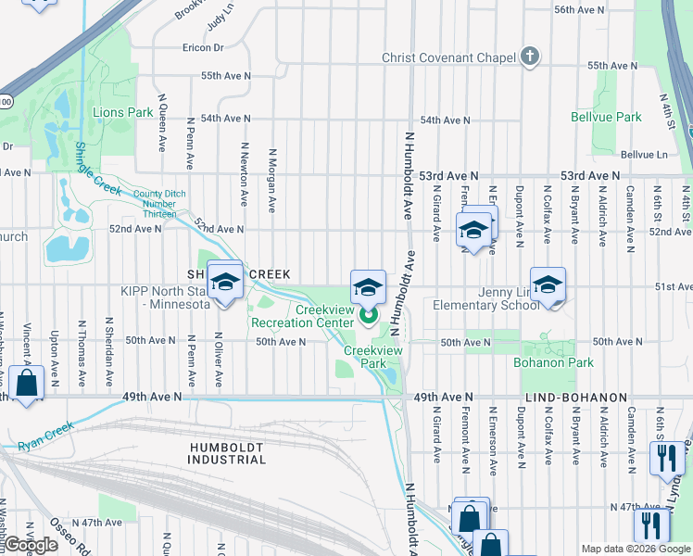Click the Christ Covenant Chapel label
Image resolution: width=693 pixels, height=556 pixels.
pos(448,57)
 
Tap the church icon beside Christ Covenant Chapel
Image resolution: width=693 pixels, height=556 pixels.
pos(529,57)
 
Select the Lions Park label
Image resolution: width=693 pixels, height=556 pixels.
pos(122,112)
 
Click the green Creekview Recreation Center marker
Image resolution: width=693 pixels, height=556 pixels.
pos(368,317)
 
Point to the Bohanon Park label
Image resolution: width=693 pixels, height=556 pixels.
pos(553,362)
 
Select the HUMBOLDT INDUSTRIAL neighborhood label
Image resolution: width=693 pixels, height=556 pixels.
pos(227,453)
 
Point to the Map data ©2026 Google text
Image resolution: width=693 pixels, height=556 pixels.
pos(636,549)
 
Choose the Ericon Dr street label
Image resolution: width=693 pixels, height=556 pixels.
pos(203,47)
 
